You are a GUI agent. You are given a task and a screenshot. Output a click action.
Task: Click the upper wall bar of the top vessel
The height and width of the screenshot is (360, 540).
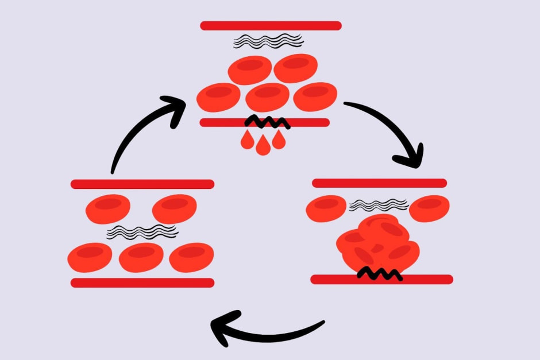tap(271, 25)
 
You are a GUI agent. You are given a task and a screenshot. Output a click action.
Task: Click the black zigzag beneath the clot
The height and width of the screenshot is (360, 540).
tap(379, 274)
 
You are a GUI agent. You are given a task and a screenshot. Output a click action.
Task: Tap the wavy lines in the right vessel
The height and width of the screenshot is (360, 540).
tap(379, 205)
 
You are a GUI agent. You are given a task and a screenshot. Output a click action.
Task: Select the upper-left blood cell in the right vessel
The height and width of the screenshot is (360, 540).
tap(326, 208)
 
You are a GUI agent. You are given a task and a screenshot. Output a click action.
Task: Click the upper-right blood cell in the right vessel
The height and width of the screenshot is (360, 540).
tap(429, 208)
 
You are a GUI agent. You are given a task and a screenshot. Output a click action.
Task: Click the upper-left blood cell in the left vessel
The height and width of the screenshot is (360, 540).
tap(107, 209)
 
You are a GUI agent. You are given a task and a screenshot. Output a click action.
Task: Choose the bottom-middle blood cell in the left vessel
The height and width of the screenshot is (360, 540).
tap(141, 257)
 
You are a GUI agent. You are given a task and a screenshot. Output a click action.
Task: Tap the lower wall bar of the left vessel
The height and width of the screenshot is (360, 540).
tap(142, 282)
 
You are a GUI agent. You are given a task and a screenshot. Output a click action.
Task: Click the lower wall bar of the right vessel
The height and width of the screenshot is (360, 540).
tap(381, 280)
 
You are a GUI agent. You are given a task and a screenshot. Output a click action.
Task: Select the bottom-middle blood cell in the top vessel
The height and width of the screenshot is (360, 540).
tap(267, 97)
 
